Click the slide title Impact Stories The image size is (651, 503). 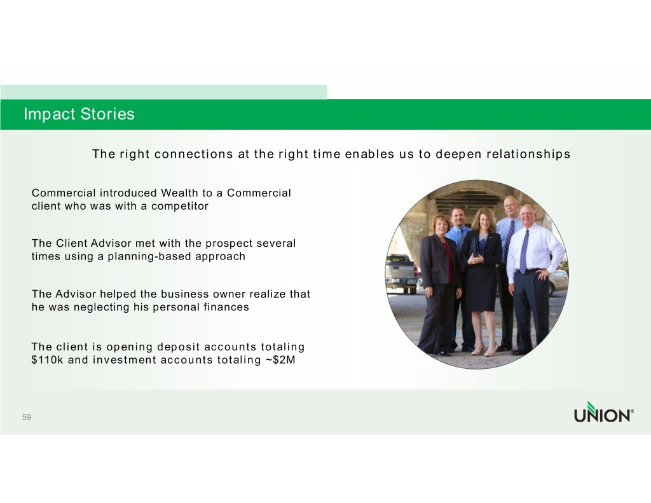(x=79, y=114)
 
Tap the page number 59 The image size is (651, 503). (x=27, y=417)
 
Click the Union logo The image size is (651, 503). (x=604, y=412)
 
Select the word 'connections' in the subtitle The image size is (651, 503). (x=193, y=154)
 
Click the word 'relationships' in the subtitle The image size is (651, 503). (x=528, y=154)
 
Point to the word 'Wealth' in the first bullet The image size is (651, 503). (x=179, y=193)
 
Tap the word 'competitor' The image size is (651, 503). (x=180, y=206)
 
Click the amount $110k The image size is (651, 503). (x=47, y=360)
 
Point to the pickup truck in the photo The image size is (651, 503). (x=401, y=273)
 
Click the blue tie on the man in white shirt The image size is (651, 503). (x=524, y=251)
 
